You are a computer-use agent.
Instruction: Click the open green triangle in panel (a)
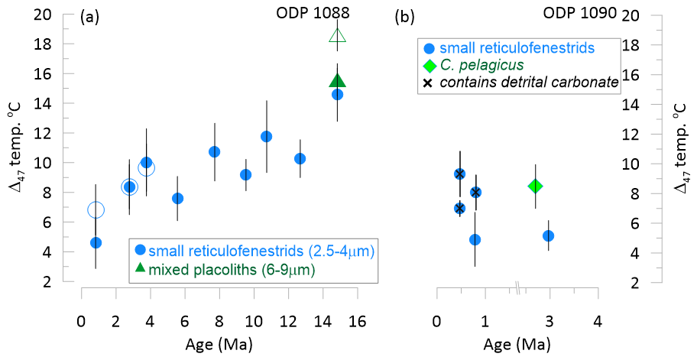click(x=338, y=35)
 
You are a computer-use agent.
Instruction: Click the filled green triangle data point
click(x=338, y=81)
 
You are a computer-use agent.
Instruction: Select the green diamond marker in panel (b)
click(x=535, y=186)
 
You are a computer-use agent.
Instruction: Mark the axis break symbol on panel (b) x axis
click(x=517, y=288)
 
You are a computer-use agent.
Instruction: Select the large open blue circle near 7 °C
click(x=96, y=209)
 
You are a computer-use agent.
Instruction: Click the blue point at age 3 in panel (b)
click(x=548, y=235)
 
